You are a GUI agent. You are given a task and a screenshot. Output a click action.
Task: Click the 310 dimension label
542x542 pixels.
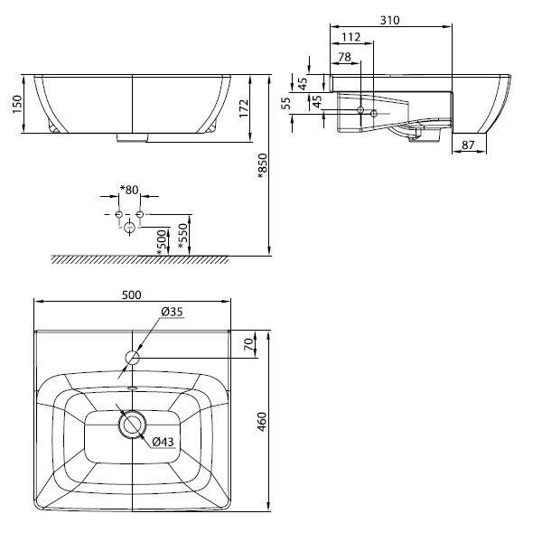[389, 21]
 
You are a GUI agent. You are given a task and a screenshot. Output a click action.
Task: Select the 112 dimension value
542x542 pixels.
[350, 37]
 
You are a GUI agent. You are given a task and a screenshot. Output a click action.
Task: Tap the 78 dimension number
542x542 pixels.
[344, 57]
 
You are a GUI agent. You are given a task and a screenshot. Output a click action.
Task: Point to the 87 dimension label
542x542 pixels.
[468, 145]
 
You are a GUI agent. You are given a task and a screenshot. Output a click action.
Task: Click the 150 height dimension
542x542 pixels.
[17, 104]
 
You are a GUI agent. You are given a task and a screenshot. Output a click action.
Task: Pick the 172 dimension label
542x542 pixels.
[244, 108]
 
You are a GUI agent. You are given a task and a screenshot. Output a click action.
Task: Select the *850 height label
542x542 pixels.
[262, 166]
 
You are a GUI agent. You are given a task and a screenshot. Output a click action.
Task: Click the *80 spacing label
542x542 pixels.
[129, 190]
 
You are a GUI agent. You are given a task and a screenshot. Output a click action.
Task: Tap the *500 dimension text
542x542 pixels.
[162, 243]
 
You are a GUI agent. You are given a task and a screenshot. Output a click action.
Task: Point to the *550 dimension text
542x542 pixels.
[182, 236]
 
